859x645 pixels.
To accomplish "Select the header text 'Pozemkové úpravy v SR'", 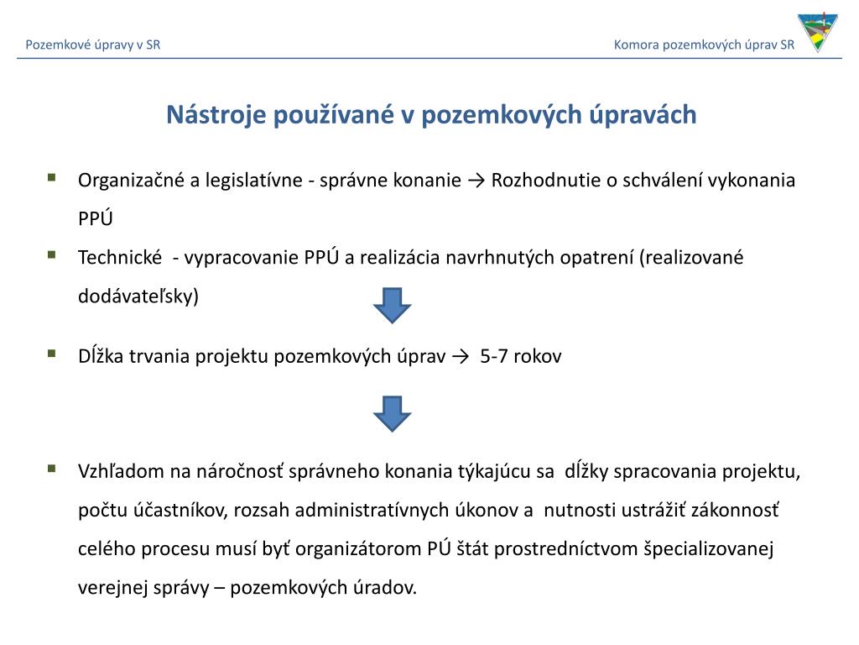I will click(93, 45).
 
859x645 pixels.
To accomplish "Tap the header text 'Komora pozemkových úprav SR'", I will click(704, 45).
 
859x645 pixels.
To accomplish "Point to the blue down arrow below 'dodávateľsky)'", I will click(392, 305).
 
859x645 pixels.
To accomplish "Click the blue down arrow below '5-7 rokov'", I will click(392, 413).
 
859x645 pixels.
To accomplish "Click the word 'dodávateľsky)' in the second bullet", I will click(138, 296).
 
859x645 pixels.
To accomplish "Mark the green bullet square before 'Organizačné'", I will click(52, 177).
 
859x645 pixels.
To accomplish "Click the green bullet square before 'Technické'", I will click(52, 254).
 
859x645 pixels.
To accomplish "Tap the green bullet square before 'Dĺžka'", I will click(52, 353).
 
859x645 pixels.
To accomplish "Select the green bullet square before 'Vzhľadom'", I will click(52, 468).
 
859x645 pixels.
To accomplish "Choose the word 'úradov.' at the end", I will click(384, 588).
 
